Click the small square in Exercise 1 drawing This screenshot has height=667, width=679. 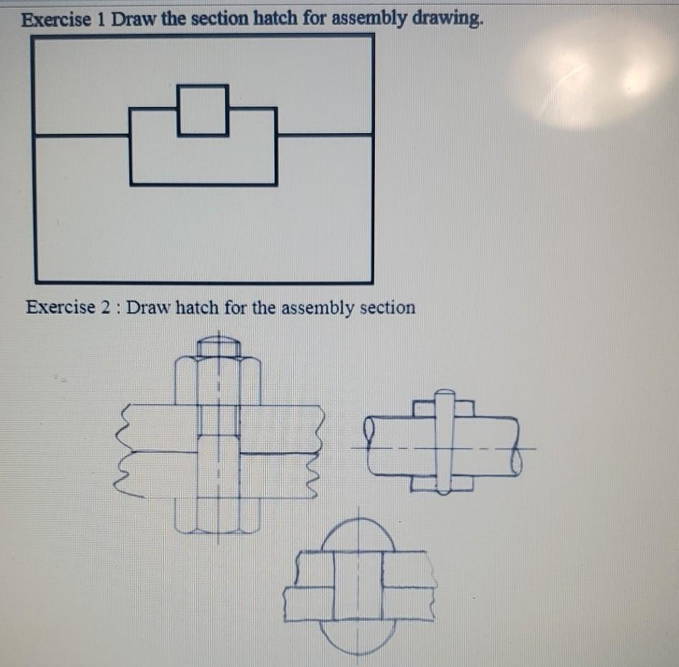(x=203, y=110)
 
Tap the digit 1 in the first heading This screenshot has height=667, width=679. (x=100, y=19)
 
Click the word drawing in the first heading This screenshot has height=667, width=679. (x=445, y=19)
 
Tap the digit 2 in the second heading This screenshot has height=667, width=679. (x=107, y=308)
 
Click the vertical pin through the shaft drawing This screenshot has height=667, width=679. (x=445, y=442)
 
